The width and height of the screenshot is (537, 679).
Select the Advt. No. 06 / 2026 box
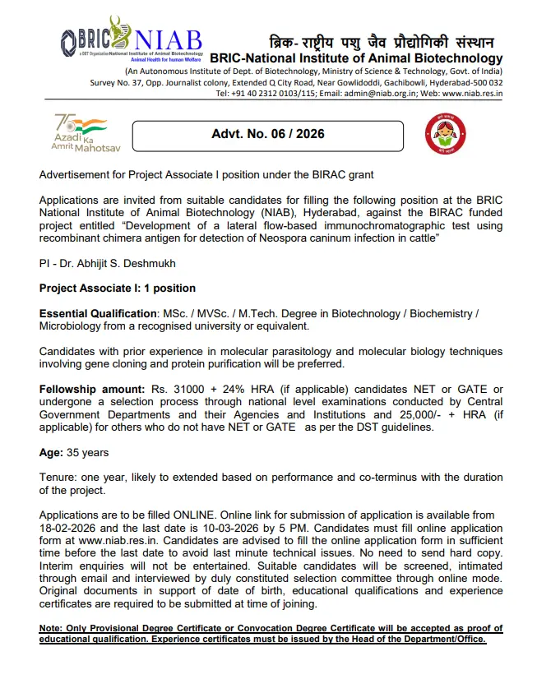click(268, 133)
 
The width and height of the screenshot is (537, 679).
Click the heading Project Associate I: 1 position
click(118, 288)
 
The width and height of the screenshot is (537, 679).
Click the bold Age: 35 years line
click(74, 453)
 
